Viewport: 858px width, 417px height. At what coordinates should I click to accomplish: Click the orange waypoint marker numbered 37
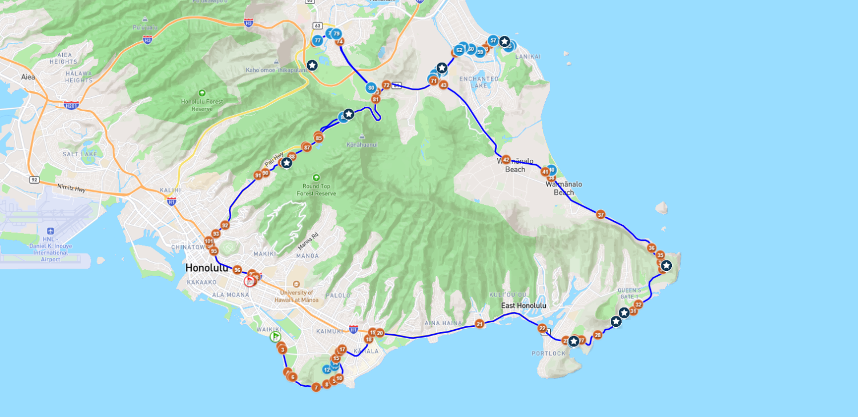point(601,214)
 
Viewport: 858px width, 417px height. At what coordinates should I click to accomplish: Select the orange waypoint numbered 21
point(480,324)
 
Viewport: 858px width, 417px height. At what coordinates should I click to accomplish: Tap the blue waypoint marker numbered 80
point(371,88)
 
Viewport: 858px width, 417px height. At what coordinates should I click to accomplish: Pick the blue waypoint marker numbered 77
point(317,41)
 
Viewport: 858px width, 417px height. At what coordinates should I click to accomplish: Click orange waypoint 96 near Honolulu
point(237,270)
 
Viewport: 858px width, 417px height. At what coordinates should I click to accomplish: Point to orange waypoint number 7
point(316,387)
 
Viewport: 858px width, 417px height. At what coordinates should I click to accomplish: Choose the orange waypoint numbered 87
point(307,147)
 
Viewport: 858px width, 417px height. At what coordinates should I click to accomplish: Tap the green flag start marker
point(275,337)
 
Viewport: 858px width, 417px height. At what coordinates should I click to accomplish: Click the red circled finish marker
point(249,281)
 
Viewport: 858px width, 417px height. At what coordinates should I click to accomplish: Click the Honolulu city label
point(207,268)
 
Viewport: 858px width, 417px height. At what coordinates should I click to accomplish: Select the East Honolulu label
point(523,306)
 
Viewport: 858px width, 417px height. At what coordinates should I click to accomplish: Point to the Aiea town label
point(28,77)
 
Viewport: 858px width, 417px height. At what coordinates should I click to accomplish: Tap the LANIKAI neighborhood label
point(528,56)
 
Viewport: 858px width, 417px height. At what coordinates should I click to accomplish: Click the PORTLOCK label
point(549,354)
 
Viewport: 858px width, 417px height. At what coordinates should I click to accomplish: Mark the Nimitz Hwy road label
point(71,187)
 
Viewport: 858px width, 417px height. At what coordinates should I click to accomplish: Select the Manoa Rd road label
point(308,241)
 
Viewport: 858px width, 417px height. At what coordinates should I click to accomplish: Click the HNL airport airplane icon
point(50,231)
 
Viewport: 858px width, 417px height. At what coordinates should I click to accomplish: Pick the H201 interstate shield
point(71,105)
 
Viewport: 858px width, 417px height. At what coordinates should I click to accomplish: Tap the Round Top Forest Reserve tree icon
point(316,177)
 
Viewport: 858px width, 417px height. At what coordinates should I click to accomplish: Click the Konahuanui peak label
point(362,145)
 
